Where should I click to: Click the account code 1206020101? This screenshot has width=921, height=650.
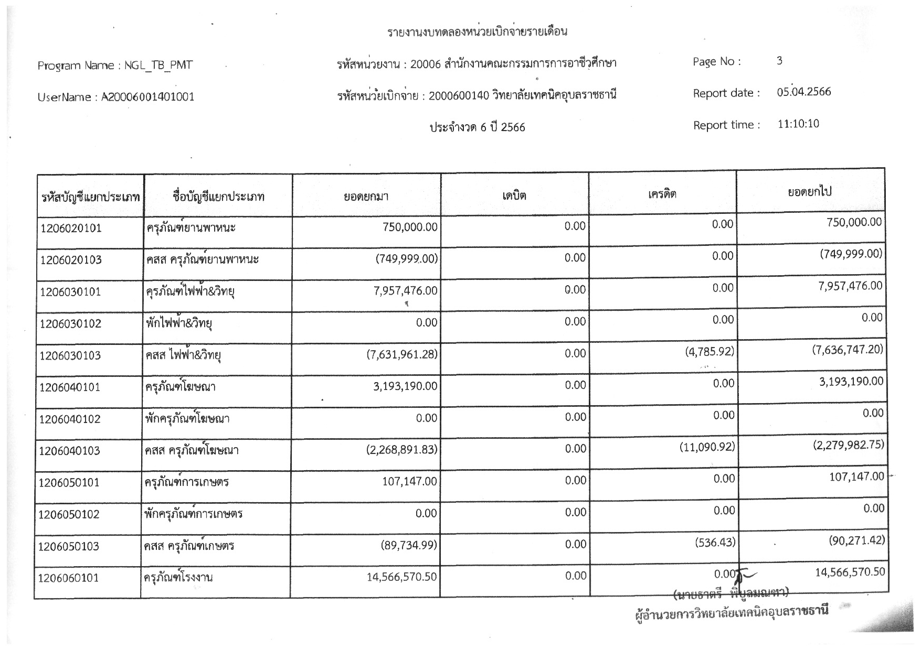[x=71, y=229]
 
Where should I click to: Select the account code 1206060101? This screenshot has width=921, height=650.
[x=69, y=578]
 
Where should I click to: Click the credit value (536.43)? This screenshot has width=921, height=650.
[x=715, y=542]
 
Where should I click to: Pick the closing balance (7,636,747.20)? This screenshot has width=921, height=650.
[x=848, y=349]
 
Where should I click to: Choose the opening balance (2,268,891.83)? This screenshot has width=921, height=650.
[x=402, y=450]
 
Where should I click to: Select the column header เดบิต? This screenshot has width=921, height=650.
[x=514, y=196]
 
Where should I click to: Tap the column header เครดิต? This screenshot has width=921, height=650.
[x=662, y=194]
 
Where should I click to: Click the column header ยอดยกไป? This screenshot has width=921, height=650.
[x=810, y=192]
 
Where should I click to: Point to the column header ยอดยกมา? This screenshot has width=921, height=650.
[x=366, y=197]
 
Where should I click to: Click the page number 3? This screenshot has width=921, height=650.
[x=779, y=61]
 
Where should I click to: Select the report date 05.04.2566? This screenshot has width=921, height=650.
[x=804, y=92]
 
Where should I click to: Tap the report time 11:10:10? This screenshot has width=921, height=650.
[x=798, y=124]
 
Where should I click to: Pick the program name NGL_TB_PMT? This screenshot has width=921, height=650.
[x=158, y=66]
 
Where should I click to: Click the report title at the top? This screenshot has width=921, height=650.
[x=477, y=31]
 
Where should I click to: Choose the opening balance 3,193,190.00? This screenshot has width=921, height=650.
[x=405, y=386]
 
